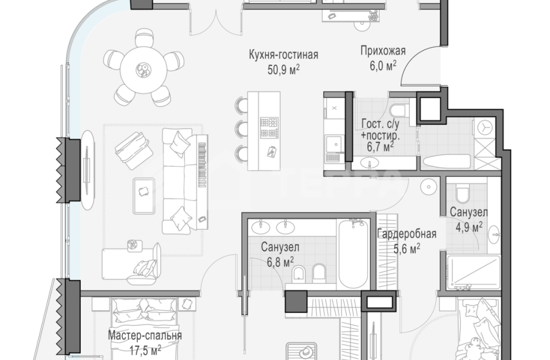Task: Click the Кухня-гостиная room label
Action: pos(283,55)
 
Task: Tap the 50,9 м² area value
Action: pos(283,70)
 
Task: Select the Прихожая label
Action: pos(383,51)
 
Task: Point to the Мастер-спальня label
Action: pos(145,336)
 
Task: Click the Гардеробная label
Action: pos(407,233)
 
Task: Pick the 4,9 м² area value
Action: pos(469,227)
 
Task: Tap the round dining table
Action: pos(144,70)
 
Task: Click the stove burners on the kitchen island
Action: pos(269,128)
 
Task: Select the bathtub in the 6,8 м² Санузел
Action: pos(353,254)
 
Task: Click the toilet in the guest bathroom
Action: pos(399,110)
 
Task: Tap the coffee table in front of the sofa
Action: pos(144,196)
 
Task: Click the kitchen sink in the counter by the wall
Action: pos(334,144)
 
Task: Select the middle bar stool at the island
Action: pos(242,129)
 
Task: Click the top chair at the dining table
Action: pos(144,37)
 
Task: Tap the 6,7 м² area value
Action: pos(380,146)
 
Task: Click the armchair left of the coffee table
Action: pos(134,150)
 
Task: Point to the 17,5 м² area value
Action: pos(145,350)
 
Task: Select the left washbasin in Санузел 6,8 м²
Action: pos(261,227)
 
